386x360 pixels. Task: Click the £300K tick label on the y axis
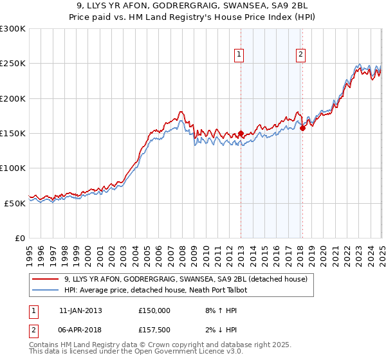pos(13,29)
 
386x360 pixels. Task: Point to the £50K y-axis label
pos(15,203)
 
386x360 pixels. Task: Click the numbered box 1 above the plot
pos(239,55)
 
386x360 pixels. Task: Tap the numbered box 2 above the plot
pos(300,55)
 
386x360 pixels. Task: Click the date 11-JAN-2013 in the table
pos(80,310)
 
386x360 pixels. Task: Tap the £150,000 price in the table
pos(154,310)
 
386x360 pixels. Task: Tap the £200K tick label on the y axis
pos(13,99)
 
